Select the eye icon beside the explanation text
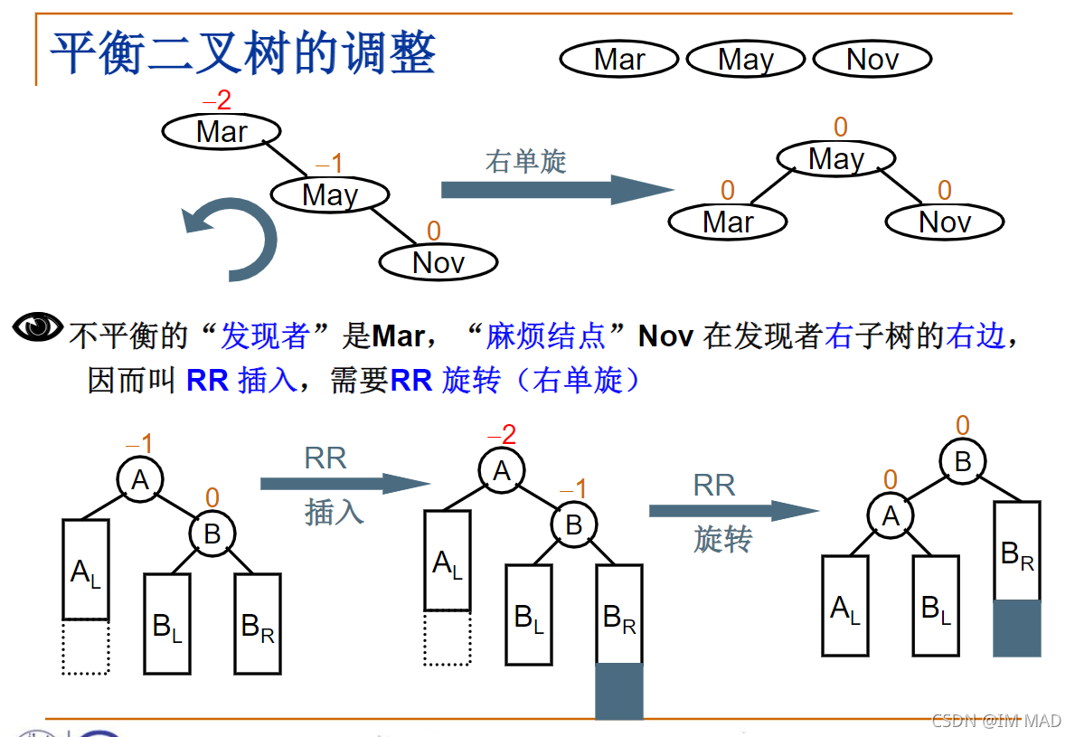coord(37,326)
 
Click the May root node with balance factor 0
coord(836,160)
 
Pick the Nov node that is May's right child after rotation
coord(945,222)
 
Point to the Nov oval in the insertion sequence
coord(872,60)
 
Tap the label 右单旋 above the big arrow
coord(525,162)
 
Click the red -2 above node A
coord(504,435)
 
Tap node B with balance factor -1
coord(574,524)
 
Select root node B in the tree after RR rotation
coord(963,462)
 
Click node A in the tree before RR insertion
coord(140,480)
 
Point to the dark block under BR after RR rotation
coord(1017,628)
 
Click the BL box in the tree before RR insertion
coord(167,624)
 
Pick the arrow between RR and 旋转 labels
coord(732,511)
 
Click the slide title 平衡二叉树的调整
coord(242,53)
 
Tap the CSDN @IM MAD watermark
coord(995,720)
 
